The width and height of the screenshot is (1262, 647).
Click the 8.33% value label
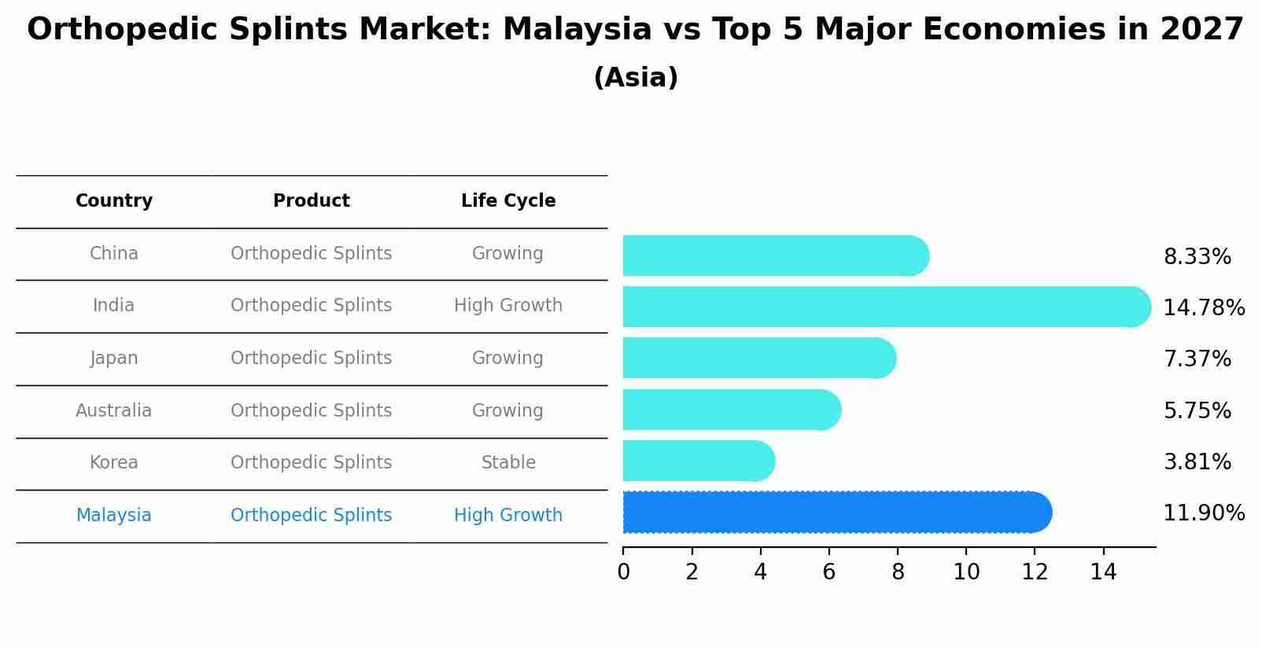click(1197, 257)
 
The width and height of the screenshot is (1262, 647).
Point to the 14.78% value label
click(1203, 307)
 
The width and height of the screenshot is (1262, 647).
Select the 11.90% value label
click(1203, 513)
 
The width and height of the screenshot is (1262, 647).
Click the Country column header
click(114, 201)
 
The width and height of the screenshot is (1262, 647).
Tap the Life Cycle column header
click(508, 201)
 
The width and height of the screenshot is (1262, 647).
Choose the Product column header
click(312, 201)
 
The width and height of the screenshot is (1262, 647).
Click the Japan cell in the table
click(114, 358)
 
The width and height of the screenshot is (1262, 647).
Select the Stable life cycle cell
click(508, 463)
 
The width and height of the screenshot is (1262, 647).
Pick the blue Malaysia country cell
click(114, 516)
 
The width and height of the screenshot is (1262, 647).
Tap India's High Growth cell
click(508, 306)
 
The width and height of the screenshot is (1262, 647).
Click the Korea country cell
click(114, 463)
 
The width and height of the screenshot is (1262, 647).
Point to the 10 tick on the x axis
click(966, 572)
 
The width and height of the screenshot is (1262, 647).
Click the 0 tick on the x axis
click(624, 572)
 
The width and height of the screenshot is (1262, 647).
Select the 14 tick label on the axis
click(1103, 572)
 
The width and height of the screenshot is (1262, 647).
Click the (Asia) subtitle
click(636, 78)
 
